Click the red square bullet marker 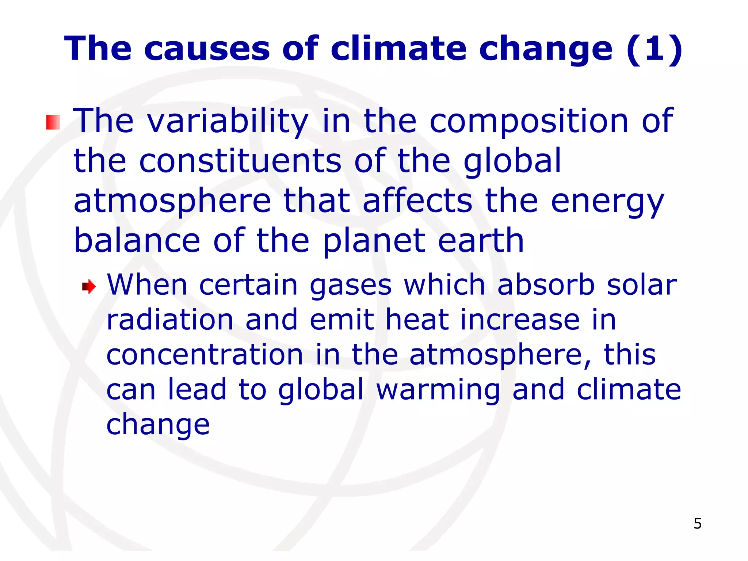[x=53, y=122]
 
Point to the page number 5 [x=697, y=524]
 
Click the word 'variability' [x=228, y=121]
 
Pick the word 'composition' [x=528, y=121]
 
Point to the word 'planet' [x=374, y=242]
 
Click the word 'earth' [x=481, y=241]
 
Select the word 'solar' [x=642, y=285]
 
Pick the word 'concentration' [x=205, y=355]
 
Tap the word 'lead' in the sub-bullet [x=197, y=389]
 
